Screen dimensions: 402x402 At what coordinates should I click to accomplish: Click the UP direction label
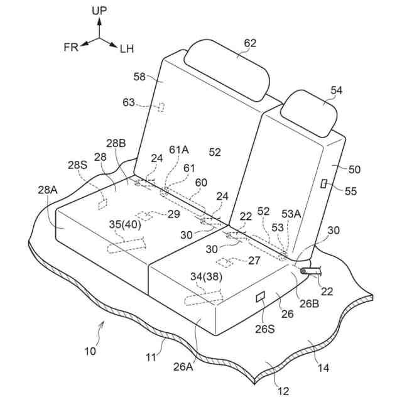click(99, 11)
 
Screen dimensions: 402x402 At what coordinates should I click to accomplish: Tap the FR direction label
click(71, 48)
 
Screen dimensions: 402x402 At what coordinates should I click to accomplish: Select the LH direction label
click(127, 49)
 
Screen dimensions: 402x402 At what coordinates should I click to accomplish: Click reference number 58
click(140, 77)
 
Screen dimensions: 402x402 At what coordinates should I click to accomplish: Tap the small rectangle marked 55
click(323, 183)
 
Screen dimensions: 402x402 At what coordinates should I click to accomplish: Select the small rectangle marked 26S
click(262, 295)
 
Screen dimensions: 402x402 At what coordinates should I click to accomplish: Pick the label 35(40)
click(125, 223)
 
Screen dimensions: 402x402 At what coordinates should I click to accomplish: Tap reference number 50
click(355, 169)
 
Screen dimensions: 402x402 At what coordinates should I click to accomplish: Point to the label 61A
click(179, 149)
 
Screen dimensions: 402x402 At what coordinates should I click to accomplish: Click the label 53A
click(291, 214)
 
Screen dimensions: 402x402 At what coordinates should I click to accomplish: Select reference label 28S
click(77, 165)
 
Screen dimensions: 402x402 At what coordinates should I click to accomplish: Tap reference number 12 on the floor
click(284, 391)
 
